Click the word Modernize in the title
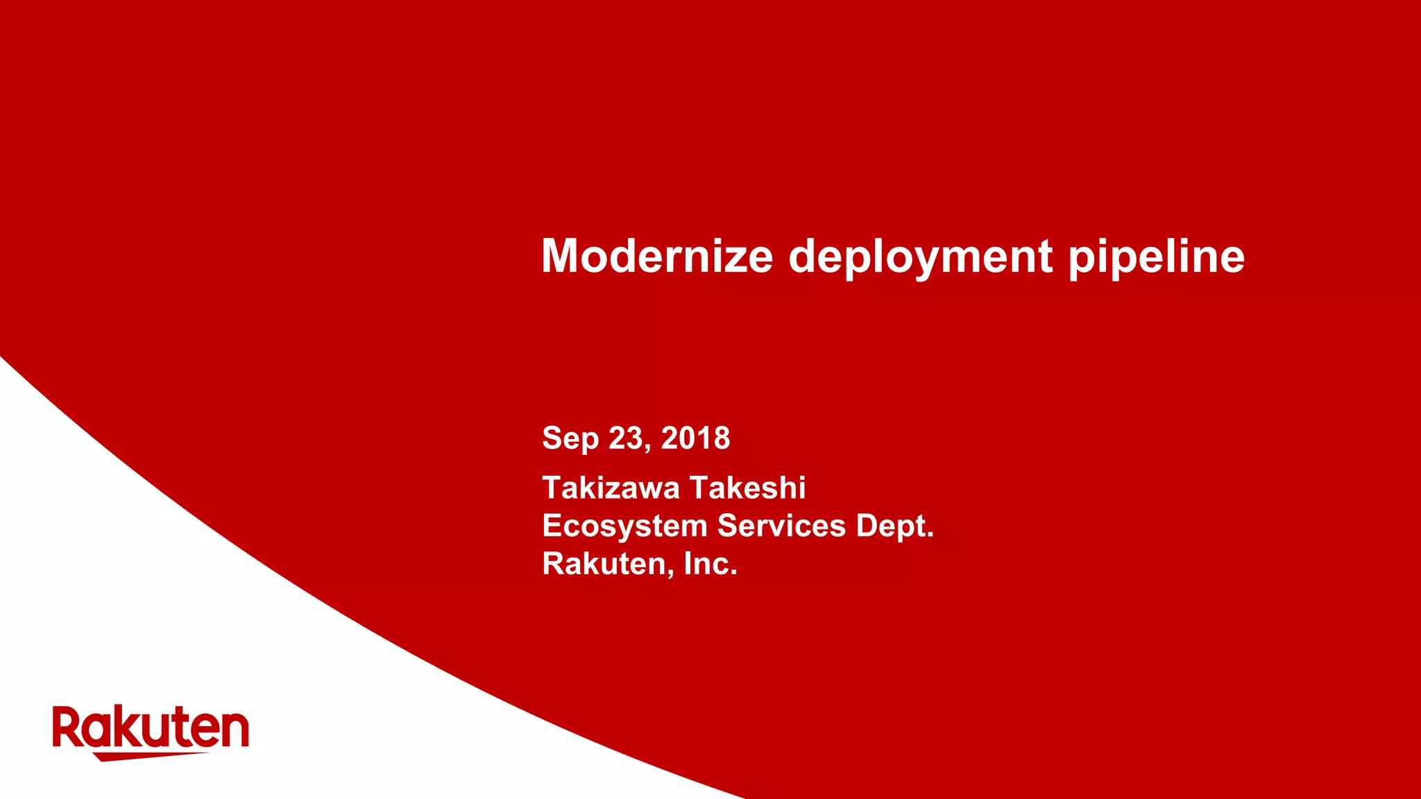coord(656,256)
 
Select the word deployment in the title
coord(920,257)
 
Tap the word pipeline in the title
coord(1156,257)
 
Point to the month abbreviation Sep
coord(570,439)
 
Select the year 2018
coord(695,438)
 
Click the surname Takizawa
coord(611,488)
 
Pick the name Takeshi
coord(747,488)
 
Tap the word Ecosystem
coord(624,526)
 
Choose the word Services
coord(781,525)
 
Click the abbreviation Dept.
coord(894,526)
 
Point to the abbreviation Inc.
coord(710,563)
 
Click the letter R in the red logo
coord(68,727)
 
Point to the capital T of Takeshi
coord(701,488)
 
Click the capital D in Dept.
coord(868,525)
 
